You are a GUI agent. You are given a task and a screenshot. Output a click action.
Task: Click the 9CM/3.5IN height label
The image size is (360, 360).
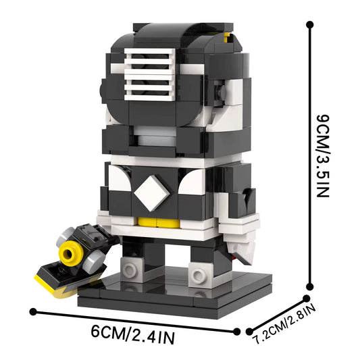point(322,155)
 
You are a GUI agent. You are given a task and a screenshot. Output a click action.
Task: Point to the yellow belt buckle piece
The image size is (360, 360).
point(149,221)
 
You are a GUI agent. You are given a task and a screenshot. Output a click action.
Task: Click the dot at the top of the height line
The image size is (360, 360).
point(310,25)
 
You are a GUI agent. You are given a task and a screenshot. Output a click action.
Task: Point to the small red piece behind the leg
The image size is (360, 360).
point(232,257)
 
